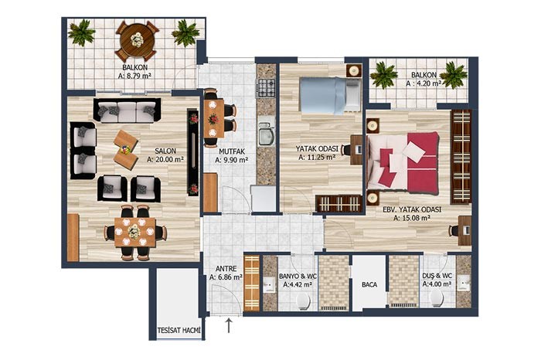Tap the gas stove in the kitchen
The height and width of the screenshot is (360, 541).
click(x=267, y=87)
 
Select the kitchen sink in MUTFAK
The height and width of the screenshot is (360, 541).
click(x=266, y=134)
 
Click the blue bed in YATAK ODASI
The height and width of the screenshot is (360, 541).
click(x=329, y=95)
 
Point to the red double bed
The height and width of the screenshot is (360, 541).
click(x=403, y=162)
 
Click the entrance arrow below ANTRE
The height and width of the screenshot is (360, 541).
click(x=229, y=326)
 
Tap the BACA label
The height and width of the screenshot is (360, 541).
click(x=369, y=285)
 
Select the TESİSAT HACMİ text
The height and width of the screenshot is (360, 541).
click(x=179, y=331)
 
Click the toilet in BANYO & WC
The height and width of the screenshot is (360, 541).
click(x=303, y=302)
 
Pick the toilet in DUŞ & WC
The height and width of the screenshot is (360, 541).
click(x=437, y=298)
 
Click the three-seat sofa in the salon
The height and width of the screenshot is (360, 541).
click(x=127, y=110)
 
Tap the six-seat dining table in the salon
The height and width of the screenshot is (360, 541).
click(x=135, y=233)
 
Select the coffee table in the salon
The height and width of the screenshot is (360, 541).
click(x=126, y=150)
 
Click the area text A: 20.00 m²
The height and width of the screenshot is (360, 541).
click(x=165, y=159)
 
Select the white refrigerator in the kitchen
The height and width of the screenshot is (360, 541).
click(x=264, y=199)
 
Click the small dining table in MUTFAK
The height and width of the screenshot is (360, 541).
click(x=213, y=119)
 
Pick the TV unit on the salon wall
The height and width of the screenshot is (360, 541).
click(x=193, y=152)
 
